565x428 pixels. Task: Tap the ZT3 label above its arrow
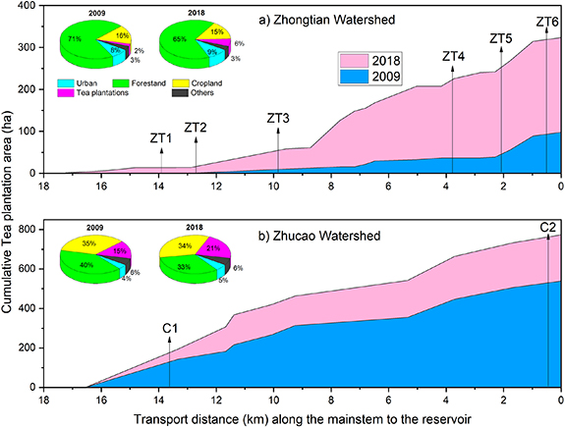[x=278, y=119]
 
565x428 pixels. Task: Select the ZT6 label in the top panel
[x=548, y=22]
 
